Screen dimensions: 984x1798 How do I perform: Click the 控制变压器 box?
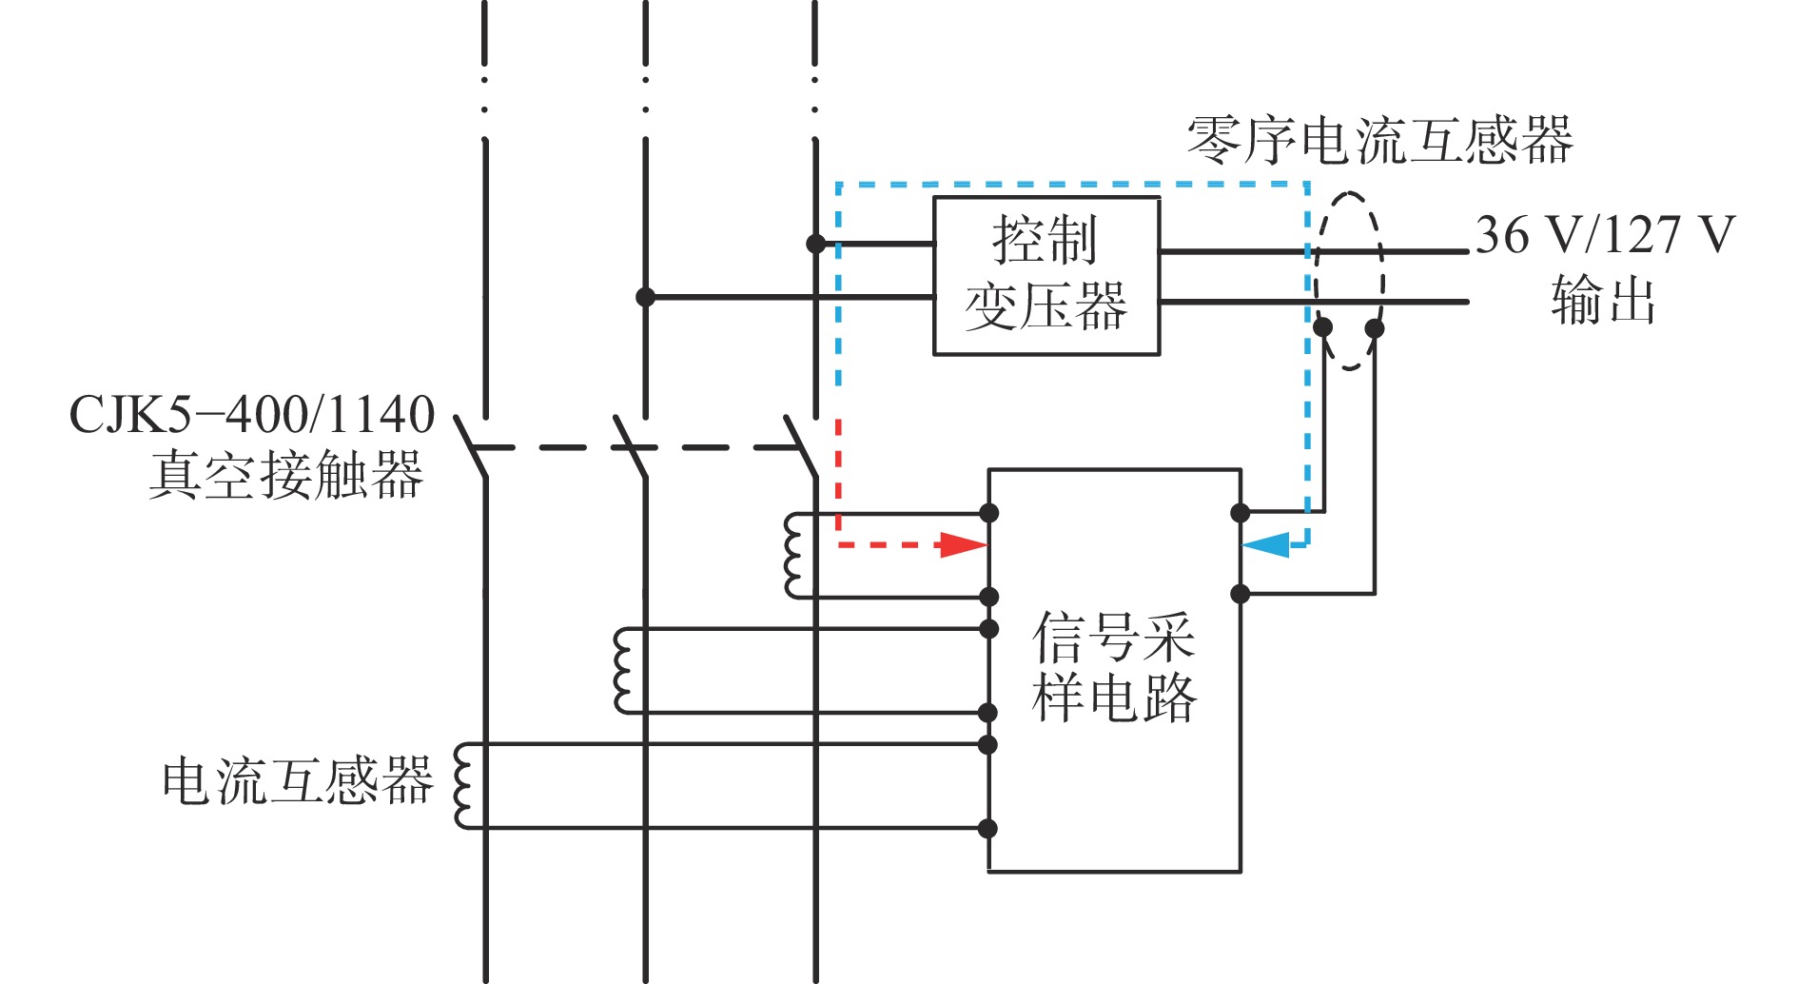[1046, 276]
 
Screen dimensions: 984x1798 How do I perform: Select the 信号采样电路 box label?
[1113, 666]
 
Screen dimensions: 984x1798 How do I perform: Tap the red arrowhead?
[962, 545]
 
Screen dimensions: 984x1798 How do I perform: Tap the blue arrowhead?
[1266, 545]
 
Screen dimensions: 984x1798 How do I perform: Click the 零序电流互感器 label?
[1379, 141]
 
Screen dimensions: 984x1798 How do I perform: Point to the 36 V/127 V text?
[1605, 234]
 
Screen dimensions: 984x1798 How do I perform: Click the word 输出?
[1603, 301]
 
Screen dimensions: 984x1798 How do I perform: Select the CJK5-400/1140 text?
[252, 415]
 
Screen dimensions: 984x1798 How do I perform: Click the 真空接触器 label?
[285, 475]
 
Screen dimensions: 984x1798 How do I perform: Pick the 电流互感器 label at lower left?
[298, 781]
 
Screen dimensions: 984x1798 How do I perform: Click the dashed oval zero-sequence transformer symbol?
[1349, 281]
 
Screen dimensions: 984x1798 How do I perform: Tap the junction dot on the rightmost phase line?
[815, 244]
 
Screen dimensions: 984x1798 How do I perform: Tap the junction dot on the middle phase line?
[645, 297]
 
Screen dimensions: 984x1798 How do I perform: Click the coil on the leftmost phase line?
[463, 786]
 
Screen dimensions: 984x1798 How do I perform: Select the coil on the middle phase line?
[623, 671]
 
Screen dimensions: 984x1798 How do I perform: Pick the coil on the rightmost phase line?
[792, 556]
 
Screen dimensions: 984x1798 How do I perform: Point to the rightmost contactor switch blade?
[801, 445]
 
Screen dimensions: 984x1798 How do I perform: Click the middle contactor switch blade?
[631, 445]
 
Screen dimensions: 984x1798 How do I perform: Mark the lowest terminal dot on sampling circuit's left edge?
[988, 828]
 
